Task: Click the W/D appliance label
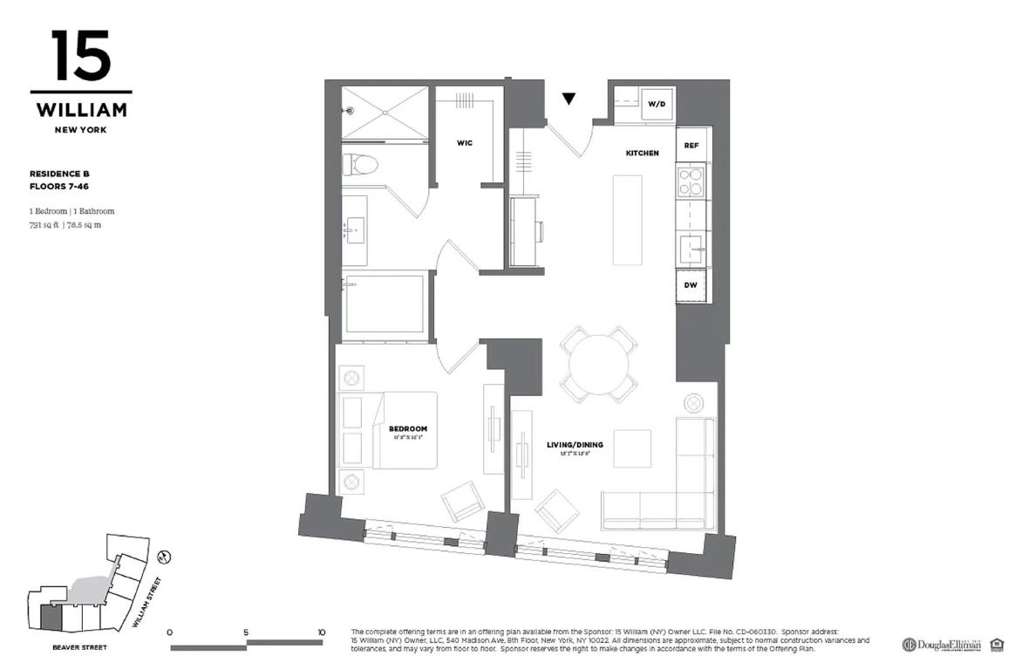click(x=656, y=105)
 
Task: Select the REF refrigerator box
click(x=691, y=144)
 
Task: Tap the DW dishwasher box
click(x=691, y=286)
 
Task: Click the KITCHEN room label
click(x=642, y=154)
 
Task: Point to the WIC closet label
click(x=464, y=143)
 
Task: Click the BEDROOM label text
click(x=408, y=429)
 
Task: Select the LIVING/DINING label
click(x=575, y=445)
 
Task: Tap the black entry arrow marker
click(x=569, y=99)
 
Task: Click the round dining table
click(x=598, y=364)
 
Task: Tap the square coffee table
click(x=631, y=448)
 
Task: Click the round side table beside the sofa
click(x=694, y=403)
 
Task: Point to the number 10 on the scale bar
click(x=322, y=632)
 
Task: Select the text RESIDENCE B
click(x=59, y=174)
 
